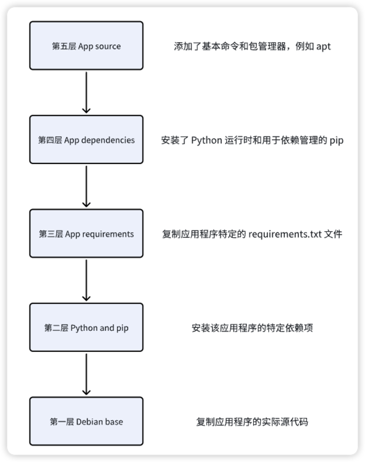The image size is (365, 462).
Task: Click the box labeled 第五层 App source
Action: [x=86, y=46]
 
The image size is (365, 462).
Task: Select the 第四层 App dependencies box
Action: [x=86, y=139]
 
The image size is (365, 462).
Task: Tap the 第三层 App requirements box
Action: [x=86, y=234]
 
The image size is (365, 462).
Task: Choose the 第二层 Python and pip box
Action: [x=86, y=327]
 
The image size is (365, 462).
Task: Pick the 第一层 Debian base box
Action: [x=86, y=421]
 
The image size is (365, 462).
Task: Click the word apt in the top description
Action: [x=323, y=46]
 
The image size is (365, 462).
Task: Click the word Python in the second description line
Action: [x=206, y=140]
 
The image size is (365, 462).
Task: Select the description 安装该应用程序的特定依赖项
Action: [x=252, y=328]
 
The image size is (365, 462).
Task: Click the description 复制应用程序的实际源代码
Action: [x=252, y=422]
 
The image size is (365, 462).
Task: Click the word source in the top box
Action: [x=107, y=46]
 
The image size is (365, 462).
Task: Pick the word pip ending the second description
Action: [x=336, y=141]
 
